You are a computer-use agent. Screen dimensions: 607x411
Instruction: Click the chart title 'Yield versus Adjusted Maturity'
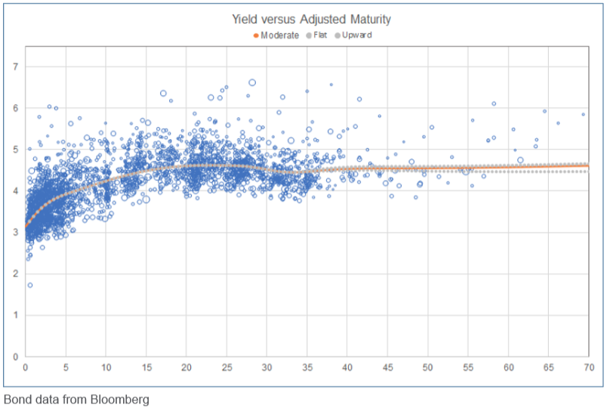coord(311,19)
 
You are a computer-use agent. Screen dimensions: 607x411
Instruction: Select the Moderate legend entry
coord(276,36)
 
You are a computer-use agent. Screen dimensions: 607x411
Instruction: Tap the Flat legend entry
coord(316,36)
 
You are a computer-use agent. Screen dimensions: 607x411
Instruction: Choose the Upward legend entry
coord(353,36)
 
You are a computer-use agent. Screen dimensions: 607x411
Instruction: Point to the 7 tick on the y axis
coord(16,66)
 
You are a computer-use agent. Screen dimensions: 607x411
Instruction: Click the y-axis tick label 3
coord(16,233)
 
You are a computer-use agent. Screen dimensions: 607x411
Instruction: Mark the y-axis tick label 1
coord(16,315)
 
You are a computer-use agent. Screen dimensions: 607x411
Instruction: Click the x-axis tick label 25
coord(226,367)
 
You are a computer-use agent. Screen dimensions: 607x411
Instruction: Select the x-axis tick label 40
coord(347,367)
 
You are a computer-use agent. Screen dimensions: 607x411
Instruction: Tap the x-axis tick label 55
coord(468,367)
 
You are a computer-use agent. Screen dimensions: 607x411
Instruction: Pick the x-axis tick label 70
coord(589,367)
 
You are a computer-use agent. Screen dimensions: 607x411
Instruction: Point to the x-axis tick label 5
coord(66,367)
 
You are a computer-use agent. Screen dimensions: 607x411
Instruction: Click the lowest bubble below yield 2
coord(29,285)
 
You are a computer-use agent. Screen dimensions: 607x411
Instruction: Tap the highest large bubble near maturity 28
coord(252,82)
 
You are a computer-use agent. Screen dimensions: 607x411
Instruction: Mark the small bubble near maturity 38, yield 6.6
coord(331,85)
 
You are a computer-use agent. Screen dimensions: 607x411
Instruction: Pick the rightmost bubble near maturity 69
coord(583,114)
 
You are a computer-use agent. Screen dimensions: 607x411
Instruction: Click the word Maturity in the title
coord(371,19)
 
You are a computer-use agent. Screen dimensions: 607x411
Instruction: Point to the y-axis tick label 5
coord(16,150)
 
